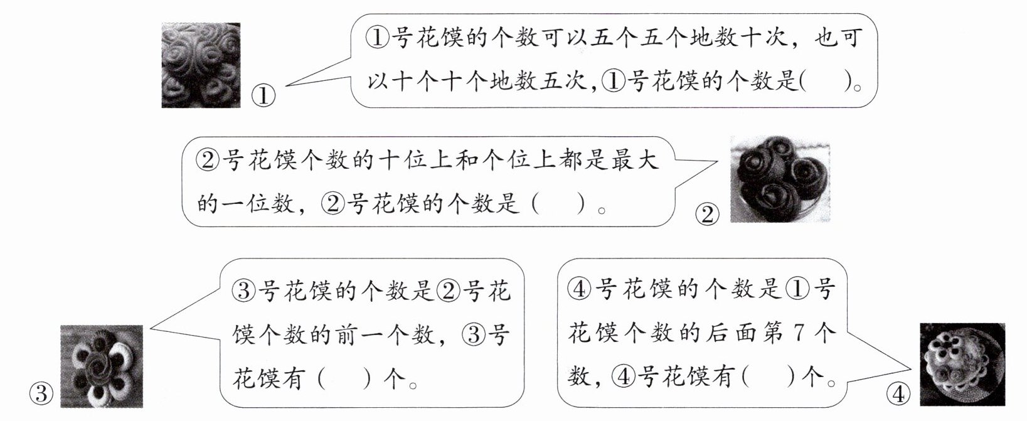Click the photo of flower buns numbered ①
(x=201, y=65)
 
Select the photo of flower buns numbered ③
(x=101, y=366)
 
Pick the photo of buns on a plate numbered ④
(x=962, y=365)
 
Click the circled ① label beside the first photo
(x=263, y=96)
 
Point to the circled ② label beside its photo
(x=707, y=215)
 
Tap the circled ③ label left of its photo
(x=41, y=394)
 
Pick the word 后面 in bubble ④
(x=732, y=333)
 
